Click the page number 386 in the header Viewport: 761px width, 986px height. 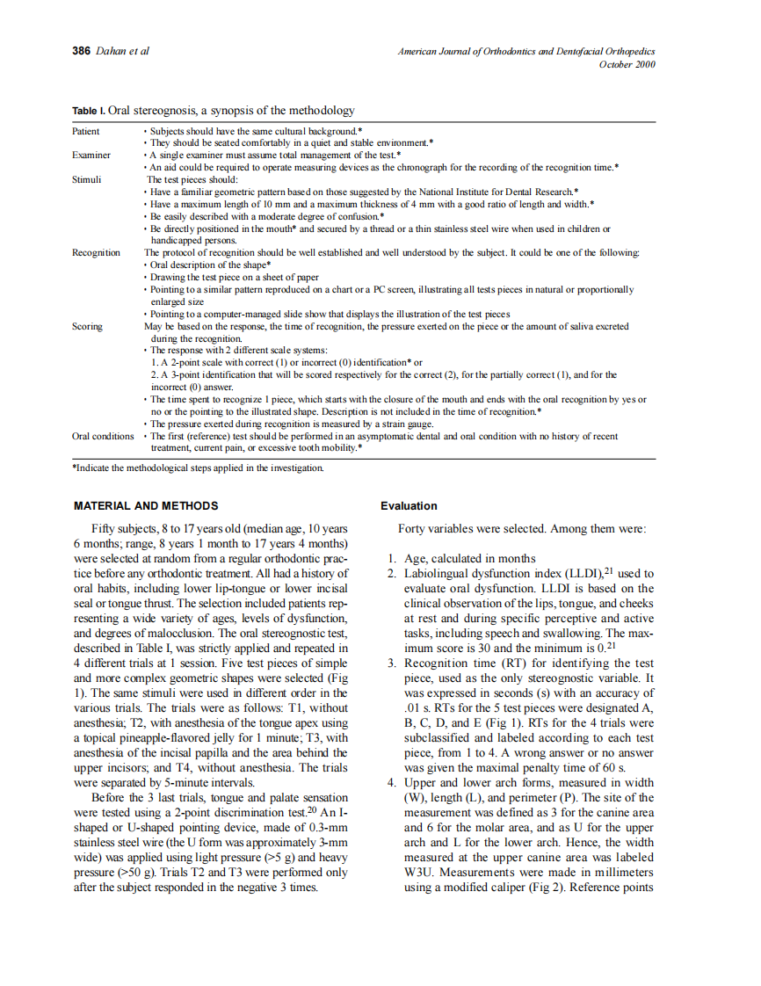(82, 51)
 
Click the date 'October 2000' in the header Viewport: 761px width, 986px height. (627, 64)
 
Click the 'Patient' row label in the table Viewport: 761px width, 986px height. (86, 131)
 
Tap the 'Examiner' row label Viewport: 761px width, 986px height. (91, 155)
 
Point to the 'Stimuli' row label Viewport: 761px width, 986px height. (87, 178)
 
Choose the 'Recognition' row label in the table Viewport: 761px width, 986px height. (97, 252)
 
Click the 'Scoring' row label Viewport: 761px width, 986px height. (88, 326)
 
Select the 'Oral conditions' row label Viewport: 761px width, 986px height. (103, 436)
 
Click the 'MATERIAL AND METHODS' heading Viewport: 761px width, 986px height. (146, 506)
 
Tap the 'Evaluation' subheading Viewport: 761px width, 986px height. (409, 506)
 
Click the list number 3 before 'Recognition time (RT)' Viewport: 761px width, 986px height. (392, 663)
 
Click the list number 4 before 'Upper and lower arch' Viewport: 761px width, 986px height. (392, 784)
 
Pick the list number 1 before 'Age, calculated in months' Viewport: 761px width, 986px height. (392, 559)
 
